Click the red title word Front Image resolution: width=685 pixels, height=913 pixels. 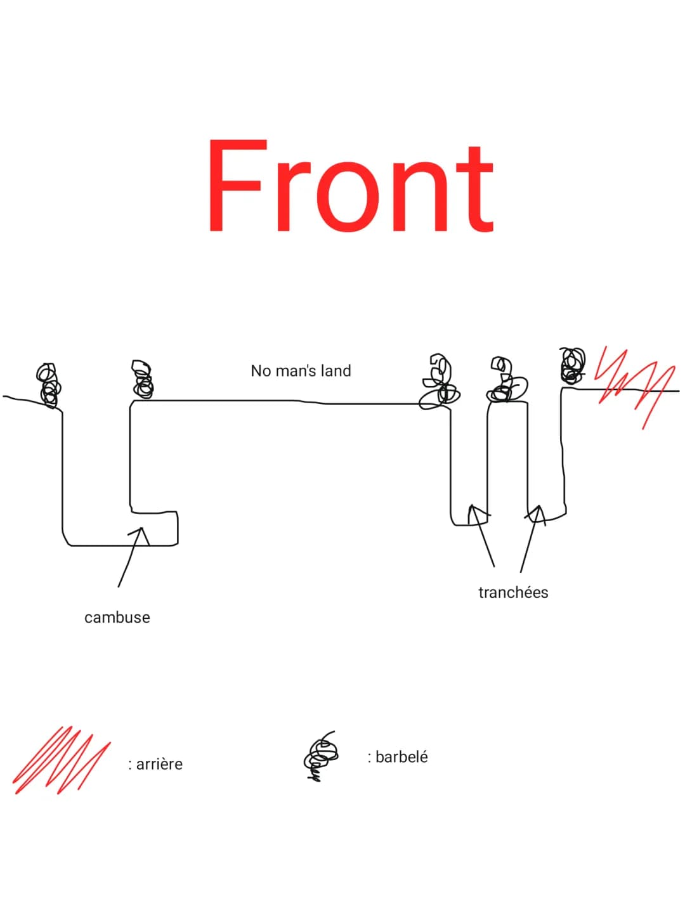(x=351, y=185)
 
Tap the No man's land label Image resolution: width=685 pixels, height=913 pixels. (x=301, y=371)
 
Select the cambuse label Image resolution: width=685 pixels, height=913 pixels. (x=117, y=618)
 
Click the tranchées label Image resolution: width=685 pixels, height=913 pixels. (x=513, y=592)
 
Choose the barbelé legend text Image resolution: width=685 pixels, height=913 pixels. (x=398, y=756)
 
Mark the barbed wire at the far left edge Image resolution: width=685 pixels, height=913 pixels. (x=49, y=385)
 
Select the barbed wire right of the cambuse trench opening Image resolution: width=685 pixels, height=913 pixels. (x=143, y=379)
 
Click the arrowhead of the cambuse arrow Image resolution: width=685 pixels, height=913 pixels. (x=141, y=529)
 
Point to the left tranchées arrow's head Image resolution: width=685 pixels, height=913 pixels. (x=472, y=506)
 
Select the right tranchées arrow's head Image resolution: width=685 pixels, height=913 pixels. (x=539, y=507)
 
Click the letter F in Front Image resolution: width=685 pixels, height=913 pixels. (x=237, y=186)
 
